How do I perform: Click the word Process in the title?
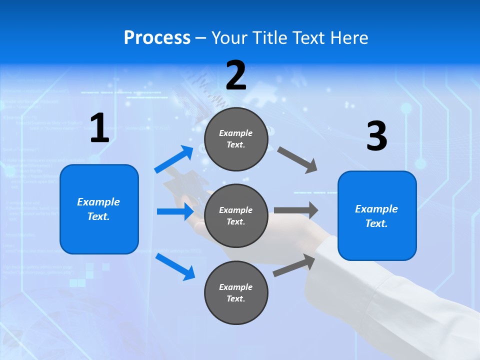[157, 38]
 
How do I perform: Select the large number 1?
[99, 128]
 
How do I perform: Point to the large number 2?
[236, 75]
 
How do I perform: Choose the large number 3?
[376, 136]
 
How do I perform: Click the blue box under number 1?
[99, 209]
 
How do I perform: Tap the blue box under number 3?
[377, 215]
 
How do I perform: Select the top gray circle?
[236, 139]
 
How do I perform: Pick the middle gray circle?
[236, 215]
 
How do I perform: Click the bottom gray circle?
[236, 292]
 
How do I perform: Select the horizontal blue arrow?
[175, 212]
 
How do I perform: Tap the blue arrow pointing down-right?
[175, 266]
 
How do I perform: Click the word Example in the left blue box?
[98, 202]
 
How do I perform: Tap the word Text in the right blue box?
[376, 224]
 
